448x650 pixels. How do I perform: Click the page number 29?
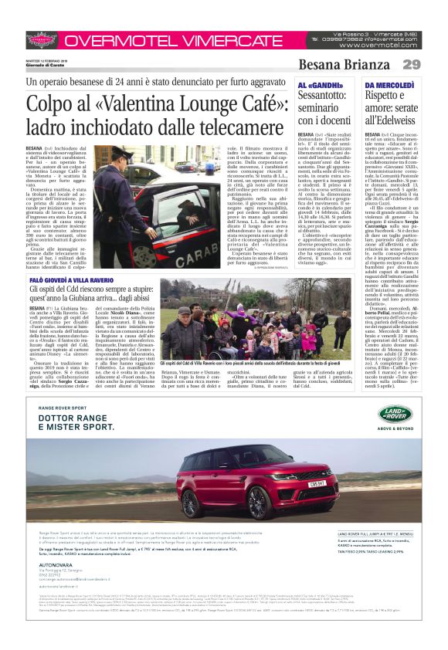[x=411, y=64]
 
